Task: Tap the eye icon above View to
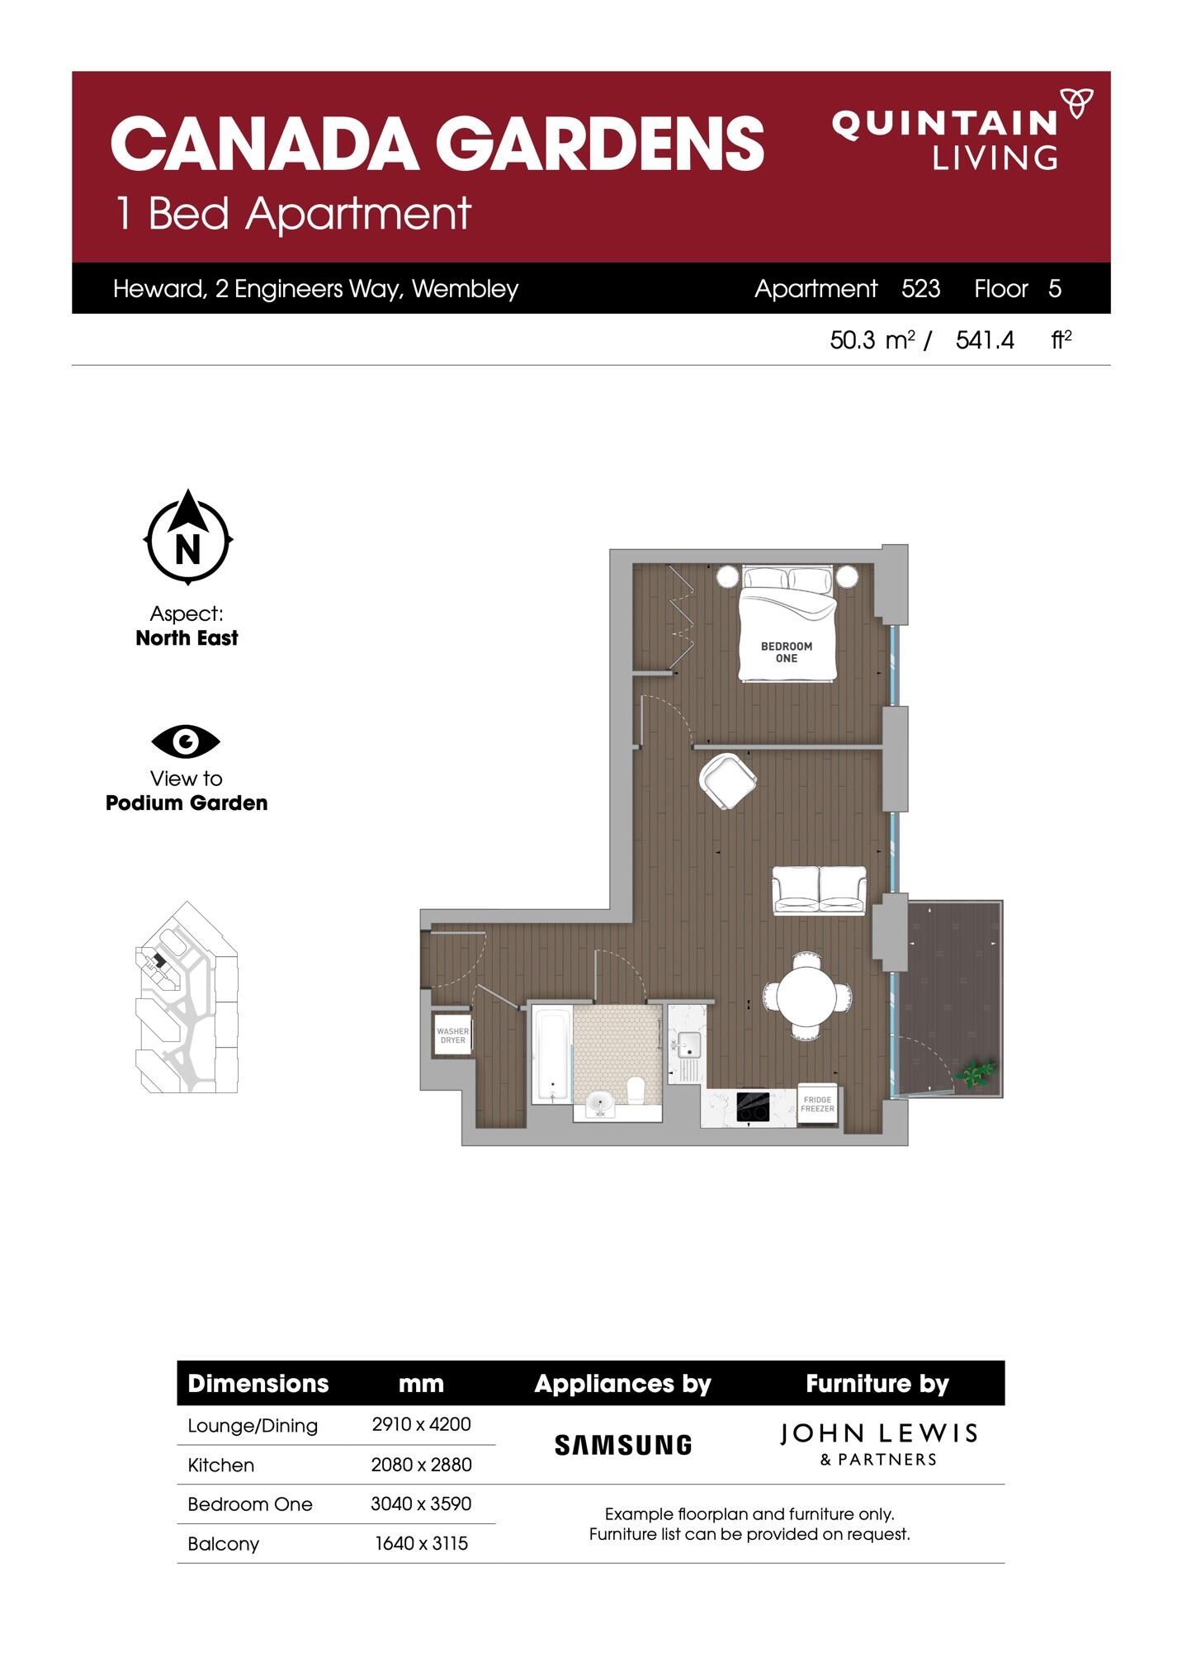coord(186,741)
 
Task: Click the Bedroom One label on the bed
coord(787,652)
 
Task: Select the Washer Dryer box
coord(452,1035)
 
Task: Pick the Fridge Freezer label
coord(818,1104)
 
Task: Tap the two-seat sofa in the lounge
coord(819,889)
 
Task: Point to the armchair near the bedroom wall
coord(727,780)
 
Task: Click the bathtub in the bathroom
coord(551,1054)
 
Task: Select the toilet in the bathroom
coord(636,1090)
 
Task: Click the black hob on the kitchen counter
coord(753,1106)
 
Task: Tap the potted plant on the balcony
coord(976,1073)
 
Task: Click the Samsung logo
coord(623,1445)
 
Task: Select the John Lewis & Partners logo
coord(878,1444)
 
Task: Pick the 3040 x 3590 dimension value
coord(421,1504)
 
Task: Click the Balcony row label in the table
coord(224,1544)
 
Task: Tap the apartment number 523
coord(920,289)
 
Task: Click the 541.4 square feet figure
coord(985,340)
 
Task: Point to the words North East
coord(187,638)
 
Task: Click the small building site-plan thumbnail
coord(187,997)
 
